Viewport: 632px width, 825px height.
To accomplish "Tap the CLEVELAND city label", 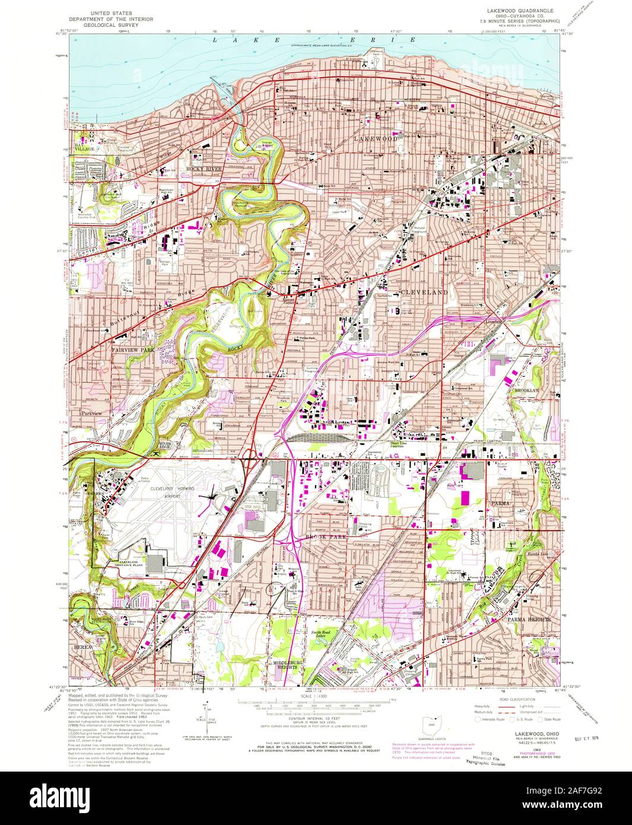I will (x=424, y=293).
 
